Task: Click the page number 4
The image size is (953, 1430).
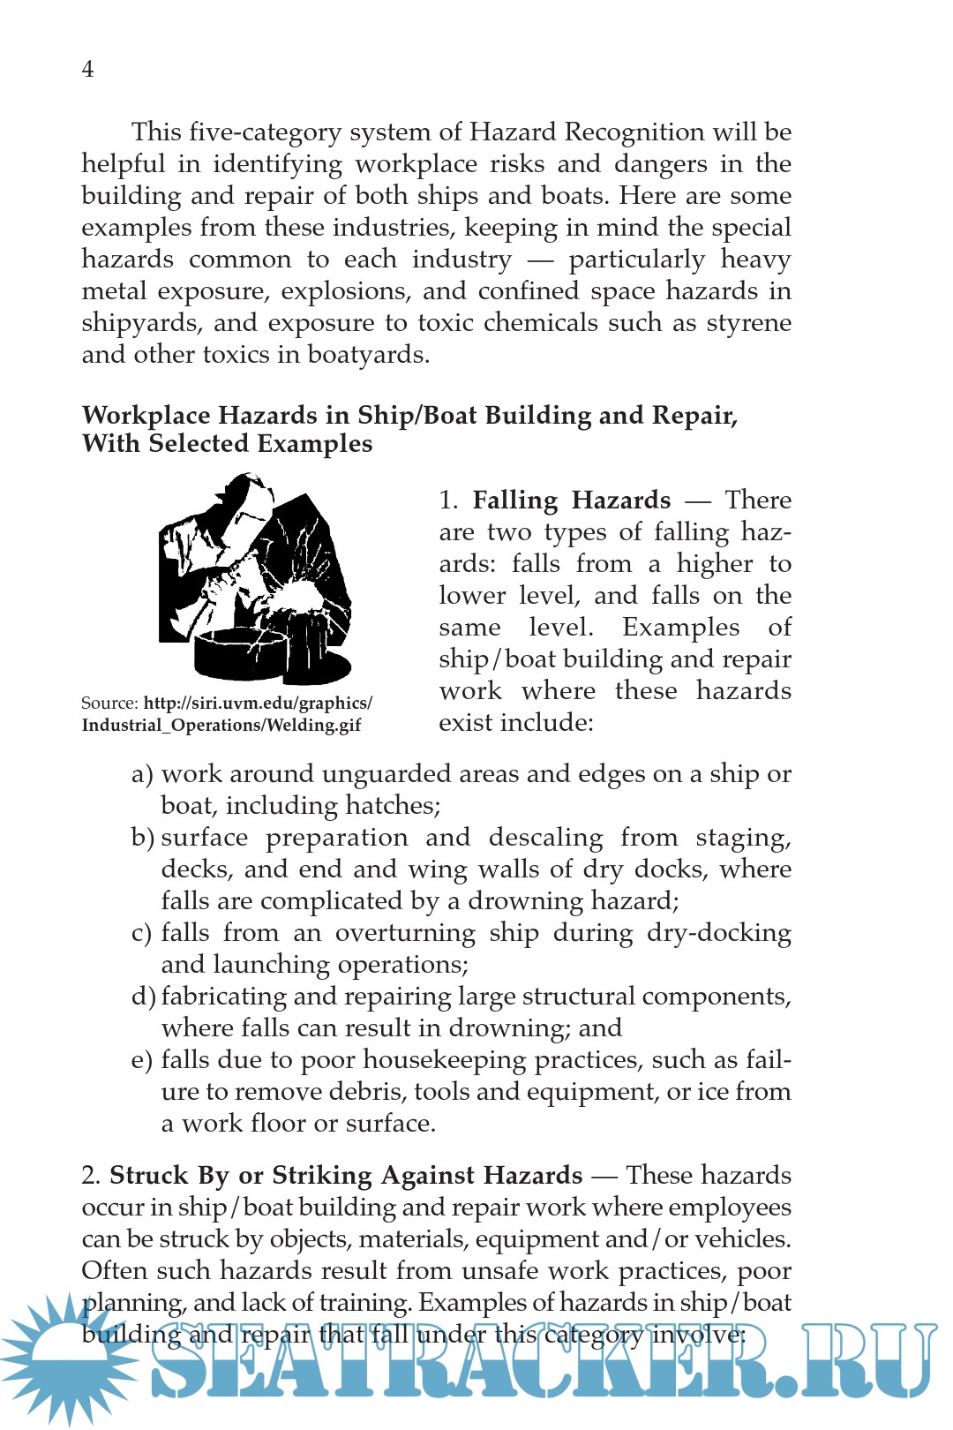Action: point(87,69)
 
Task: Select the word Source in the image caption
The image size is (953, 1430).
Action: point(108,704)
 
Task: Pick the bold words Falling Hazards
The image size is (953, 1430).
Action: point(571,500)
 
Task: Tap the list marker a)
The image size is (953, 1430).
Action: point(142,774)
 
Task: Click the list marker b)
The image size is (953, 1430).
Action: point(142,838)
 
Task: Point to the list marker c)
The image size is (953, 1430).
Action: point(142,933)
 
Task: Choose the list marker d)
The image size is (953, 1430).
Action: point(143,997)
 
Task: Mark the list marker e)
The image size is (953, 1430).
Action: point(142,1060)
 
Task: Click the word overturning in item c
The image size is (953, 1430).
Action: point(405,933)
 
